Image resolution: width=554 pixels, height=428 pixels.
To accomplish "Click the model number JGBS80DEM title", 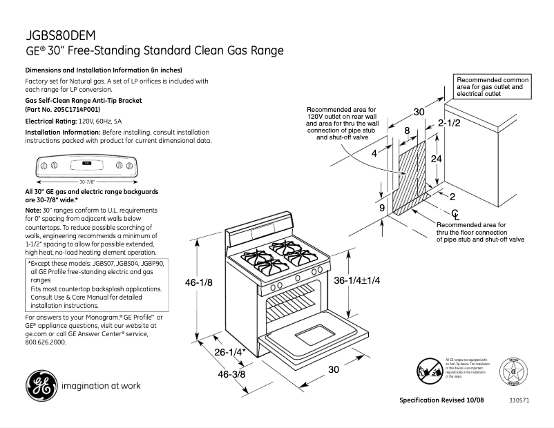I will pos(60,35).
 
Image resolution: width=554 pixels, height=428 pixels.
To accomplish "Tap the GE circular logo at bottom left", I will pos(41,386).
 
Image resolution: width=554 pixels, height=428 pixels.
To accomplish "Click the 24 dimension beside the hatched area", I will pos(437,158).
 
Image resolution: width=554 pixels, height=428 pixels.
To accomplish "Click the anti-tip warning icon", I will pos(429,371).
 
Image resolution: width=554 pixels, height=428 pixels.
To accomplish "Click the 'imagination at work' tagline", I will pos(101,386).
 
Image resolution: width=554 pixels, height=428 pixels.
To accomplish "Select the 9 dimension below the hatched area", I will pos(381,207).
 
